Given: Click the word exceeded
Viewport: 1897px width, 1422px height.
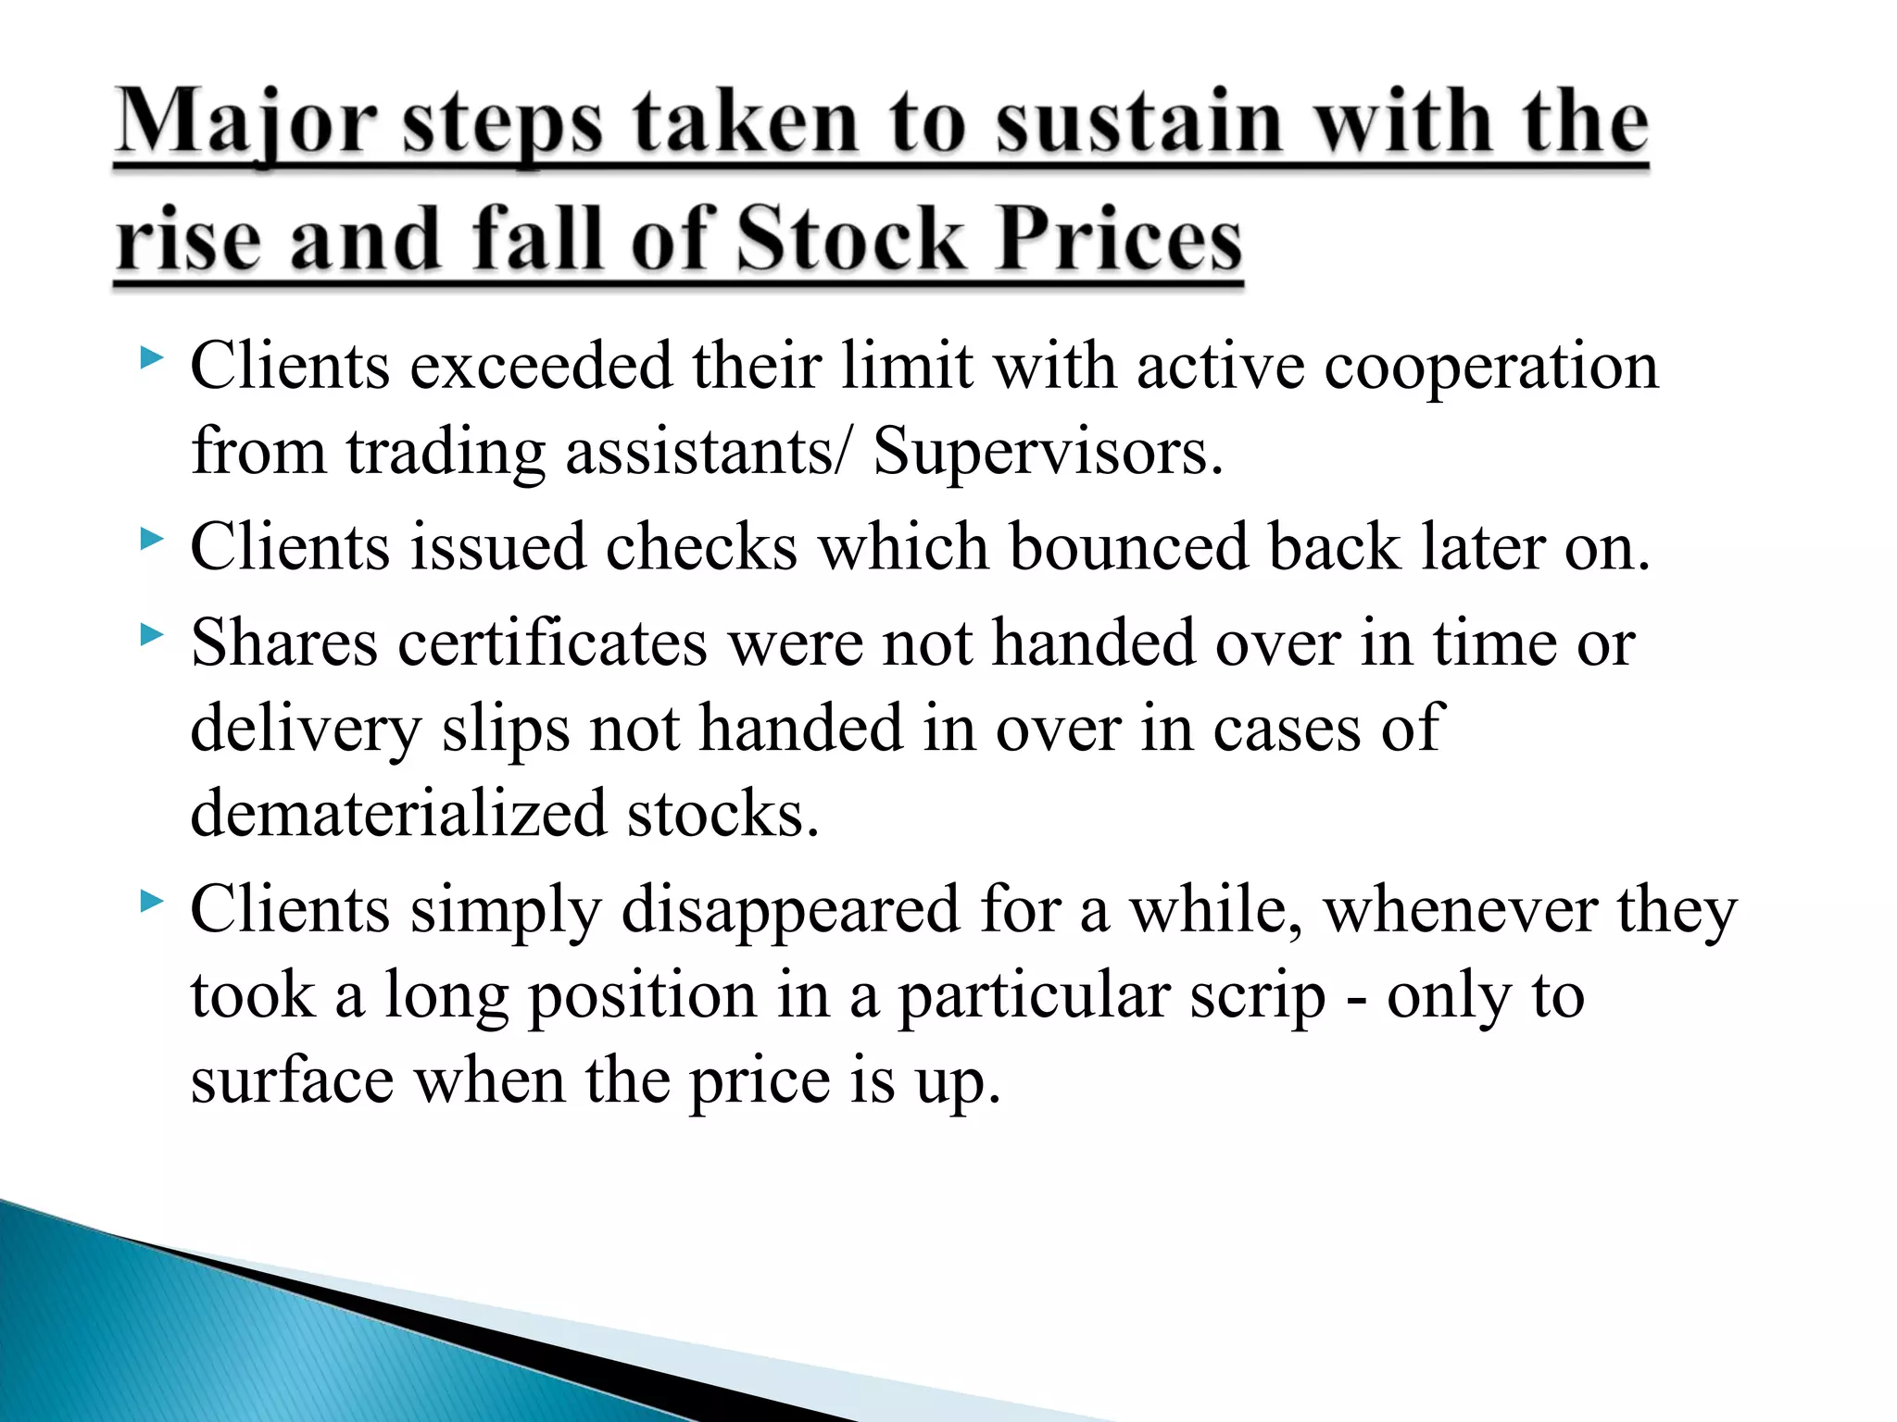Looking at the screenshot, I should pyautogui.click(x=541, y=366).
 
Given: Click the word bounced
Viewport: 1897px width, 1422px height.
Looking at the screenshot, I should pyautogui.click(x=1129, y=547).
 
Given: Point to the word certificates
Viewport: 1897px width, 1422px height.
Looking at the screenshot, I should pyautogui.click(x=552, y=643).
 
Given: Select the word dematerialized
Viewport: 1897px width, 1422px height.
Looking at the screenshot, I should pyautogui.click(x=398, y=814).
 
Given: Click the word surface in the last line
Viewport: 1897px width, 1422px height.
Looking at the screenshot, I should pyautogui.click(x=292, y=1081).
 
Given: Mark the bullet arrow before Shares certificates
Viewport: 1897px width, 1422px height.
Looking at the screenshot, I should pyautogui.click(x=152, y=635).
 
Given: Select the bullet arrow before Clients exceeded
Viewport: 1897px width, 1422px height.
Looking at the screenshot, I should pyautogui.click(x=152, y=357).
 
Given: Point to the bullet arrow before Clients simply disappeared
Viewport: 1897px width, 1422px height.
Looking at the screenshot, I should pyautogui.click(x=152, y=902).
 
